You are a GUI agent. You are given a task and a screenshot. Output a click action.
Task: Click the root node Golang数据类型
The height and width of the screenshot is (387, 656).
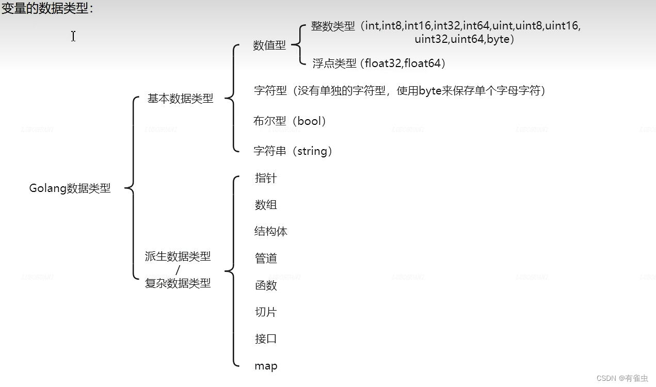point(70,188)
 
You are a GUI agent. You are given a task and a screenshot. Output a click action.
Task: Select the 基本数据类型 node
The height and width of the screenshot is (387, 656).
point(180,99)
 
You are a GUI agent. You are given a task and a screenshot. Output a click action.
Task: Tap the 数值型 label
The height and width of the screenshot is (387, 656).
point(269,45)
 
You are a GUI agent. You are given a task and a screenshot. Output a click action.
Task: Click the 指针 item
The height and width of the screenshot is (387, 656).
point(266,178)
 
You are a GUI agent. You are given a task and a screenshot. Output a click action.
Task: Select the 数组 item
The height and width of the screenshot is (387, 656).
point(266,205)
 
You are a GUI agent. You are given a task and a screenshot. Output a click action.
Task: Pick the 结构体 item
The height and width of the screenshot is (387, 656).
point(271,232)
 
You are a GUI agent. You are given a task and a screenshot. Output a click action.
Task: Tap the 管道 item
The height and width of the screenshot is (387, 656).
point(266,259)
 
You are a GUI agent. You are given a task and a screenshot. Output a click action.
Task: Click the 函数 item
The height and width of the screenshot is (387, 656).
point(266,285)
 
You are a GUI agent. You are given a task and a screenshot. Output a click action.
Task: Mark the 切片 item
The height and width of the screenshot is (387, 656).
point(266,312)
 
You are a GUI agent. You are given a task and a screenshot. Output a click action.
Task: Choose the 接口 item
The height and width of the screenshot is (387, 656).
point(266,339)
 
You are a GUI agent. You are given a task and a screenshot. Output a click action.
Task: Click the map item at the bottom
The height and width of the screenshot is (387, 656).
point(266,366)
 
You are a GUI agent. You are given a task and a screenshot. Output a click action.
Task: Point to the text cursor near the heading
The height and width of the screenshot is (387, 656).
point(73,36)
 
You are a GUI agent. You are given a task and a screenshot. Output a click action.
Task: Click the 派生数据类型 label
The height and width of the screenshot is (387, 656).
point(178,256)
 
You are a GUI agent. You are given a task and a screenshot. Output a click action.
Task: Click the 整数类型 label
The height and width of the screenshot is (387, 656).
point(333,26)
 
